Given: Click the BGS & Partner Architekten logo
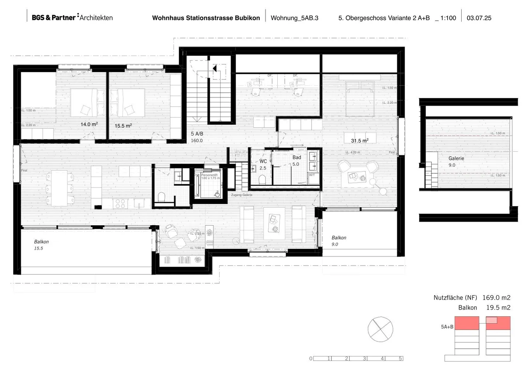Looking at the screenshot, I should coord(72,17).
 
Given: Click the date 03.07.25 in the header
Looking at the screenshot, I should coord(479,18).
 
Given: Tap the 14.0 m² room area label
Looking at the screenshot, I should coord(89,124).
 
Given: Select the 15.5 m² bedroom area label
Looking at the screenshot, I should coord(123,126).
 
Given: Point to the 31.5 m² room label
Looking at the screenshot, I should coord(360,141).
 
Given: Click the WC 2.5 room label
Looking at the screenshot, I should coord(263,165).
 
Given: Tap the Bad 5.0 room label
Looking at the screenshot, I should coord(296,161).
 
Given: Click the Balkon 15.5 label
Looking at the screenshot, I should coord(41,245).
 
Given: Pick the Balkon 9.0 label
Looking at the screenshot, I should coord(338,241).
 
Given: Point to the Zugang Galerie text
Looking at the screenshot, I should coord(242,195).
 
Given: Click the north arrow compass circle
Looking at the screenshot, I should coord(380,329).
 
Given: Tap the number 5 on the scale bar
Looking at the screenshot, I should coord(400,358).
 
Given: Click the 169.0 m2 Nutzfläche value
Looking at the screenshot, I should coord(496,298).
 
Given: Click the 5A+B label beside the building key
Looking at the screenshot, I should coord(447,327).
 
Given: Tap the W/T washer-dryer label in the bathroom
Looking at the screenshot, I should coord(312,175).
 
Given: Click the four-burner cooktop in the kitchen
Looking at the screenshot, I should coord(121,203).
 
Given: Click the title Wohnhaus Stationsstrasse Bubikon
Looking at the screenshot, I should coord(206,18).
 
